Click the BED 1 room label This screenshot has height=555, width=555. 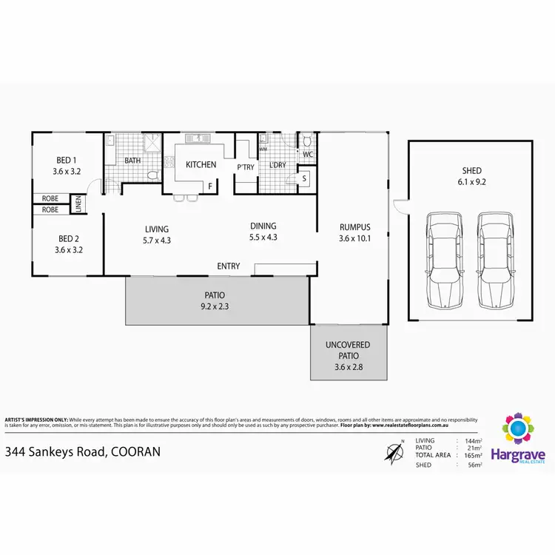(x=67, y=160)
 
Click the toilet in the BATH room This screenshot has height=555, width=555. (x=152, y=176)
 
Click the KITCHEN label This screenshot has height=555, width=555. (x=201, y=165)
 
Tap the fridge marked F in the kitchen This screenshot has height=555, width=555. (x=210, y=186)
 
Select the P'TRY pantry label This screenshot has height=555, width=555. (x=246, y=167)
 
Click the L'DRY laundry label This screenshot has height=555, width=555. (x=277, y=164)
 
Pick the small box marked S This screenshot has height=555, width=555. (x=304, y=178)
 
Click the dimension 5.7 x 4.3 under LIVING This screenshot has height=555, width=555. (x=157, y=240)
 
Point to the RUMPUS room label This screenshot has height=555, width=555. (x=354, y=227)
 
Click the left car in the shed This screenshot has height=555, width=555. (x=445, y=260)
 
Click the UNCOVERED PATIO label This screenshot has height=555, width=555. (x=347, y=351)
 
